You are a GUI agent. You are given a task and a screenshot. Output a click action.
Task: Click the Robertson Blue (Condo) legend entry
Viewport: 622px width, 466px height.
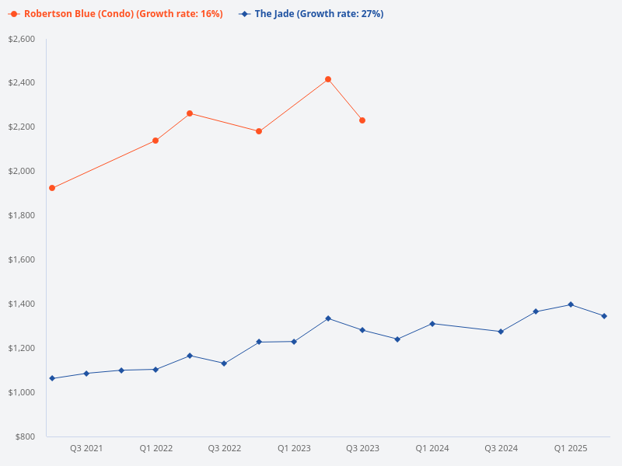pos(116,14)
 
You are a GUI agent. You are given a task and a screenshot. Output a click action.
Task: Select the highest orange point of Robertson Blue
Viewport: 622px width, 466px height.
pos(328,79)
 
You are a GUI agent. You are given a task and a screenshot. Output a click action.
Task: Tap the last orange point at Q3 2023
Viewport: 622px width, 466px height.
pos(362,120)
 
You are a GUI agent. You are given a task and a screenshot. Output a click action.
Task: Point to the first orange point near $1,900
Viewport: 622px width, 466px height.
pos(52,188)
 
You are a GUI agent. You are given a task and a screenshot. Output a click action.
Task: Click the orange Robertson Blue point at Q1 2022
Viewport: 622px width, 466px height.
pos(155,141)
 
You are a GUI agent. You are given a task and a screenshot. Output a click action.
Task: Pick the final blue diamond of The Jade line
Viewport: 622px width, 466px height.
pos(604,316)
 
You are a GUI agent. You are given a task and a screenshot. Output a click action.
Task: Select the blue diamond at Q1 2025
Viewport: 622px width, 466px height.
pos(571,304)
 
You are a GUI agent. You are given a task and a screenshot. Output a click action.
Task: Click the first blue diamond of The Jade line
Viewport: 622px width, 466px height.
pos(52,378)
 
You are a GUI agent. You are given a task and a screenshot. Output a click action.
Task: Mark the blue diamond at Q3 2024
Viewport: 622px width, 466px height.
pos(501,332)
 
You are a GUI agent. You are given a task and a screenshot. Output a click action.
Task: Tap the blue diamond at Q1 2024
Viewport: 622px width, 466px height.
pos(432,324)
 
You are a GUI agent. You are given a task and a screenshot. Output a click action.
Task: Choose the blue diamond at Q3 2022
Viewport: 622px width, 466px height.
pos(224,363)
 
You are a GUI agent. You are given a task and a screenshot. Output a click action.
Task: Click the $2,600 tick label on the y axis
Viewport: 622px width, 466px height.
pos(21,39)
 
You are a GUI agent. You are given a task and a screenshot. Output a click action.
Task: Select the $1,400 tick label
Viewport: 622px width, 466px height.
pos(21,304)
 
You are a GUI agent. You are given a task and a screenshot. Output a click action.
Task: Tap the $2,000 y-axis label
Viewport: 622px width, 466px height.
pos(21,171)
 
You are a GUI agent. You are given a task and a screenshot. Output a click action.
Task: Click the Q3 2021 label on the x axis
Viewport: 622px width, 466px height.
pos(86,449)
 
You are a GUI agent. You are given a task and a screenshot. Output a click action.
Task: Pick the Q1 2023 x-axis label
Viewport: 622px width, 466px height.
pos(294,449)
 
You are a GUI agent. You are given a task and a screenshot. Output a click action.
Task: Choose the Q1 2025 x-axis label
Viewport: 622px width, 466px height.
pos(571,449)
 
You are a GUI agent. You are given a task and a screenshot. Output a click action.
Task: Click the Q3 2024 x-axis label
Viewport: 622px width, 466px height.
pos(501,449)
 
